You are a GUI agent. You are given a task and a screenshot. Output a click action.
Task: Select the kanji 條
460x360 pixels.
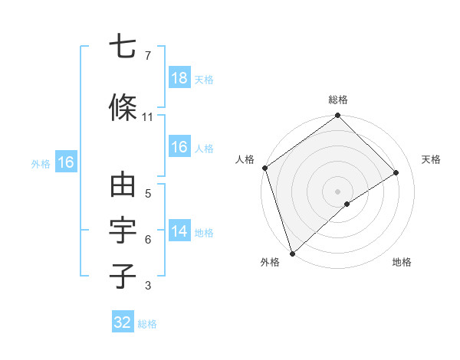123,108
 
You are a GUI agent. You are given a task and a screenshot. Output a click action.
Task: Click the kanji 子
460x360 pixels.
123,276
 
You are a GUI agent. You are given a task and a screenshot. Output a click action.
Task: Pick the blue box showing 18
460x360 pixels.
179,78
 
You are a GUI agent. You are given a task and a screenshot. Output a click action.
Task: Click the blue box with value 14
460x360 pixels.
179,231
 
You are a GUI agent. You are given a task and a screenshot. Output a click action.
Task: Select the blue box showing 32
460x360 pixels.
123,322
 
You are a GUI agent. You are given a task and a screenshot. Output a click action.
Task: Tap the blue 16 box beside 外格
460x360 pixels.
65,162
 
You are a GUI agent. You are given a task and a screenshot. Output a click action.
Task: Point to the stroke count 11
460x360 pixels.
147,117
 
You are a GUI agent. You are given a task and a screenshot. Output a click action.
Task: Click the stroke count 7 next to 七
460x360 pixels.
147,56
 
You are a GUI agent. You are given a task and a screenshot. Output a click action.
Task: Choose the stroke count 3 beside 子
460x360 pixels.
147,286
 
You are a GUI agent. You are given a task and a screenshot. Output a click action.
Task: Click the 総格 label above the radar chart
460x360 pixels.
338,100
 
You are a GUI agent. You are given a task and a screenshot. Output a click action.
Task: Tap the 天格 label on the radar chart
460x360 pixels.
432,159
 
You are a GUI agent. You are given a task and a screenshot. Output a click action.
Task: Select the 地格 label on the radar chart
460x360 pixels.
402,263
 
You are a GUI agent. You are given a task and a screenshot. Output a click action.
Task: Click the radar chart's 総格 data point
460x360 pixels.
337,116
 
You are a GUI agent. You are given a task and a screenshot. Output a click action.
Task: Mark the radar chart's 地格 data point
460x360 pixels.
347,204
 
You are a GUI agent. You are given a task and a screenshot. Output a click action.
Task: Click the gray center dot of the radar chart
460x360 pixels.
337,190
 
